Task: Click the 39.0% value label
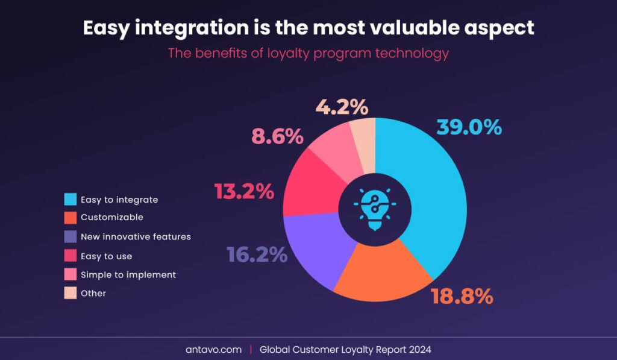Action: point(469,127)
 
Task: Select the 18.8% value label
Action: point(462,296)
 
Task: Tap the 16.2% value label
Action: point(257,254)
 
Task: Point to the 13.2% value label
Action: point(244,191)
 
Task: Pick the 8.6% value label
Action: point(277,136)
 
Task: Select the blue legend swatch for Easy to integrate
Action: point(70,200)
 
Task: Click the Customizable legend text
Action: point(111,217)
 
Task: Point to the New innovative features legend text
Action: point(136,236)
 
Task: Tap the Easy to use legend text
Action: point(106,256)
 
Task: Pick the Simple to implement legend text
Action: point(128,274)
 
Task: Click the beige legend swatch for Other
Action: point(70,293)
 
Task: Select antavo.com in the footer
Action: point(213,349)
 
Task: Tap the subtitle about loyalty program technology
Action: point(308,53)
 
